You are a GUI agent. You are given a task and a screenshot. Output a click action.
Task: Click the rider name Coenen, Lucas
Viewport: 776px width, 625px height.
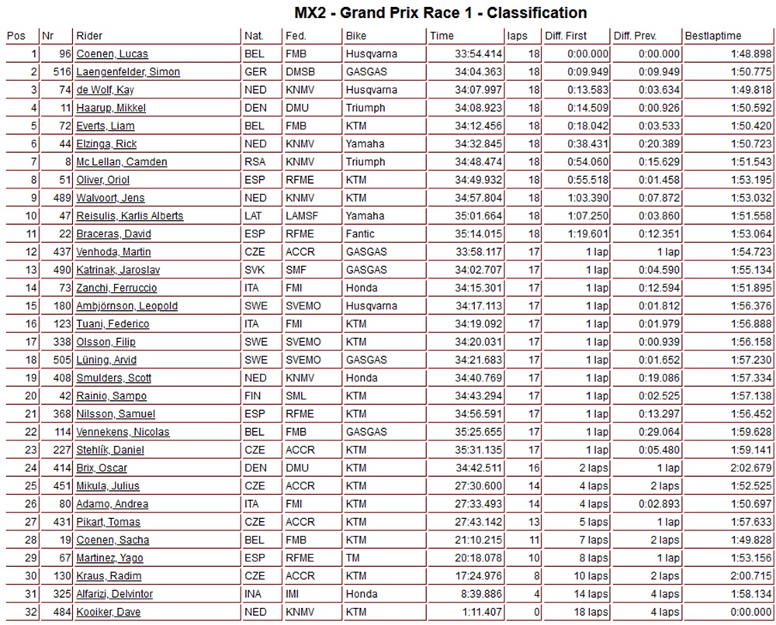pos(112,54)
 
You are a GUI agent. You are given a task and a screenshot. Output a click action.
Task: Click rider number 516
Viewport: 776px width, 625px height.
pos(61,72)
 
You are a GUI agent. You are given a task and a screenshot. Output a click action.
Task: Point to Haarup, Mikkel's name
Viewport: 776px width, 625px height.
pos(111,108)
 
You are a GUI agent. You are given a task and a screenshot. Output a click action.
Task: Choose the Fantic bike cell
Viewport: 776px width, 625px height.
pos(360,233)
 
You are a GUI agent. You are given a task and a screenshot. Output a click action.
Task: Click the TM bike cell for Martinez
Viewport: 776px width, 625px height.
pos(354,558)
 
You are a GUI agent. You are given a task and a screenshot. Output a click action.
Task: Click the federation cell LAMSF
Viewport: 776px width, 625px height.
pos(303,216)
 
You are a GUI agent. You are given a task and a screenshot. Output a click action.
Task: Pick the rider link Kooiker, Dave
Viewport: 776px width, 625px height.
pos(109,613)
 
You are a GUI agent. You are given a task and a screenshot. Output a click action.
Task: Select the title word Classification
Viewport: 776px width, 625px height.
pos(537,13)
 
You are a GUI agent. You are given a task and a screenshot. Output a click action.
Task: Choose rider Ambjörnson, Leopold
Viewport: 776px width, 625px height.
pos(126,306)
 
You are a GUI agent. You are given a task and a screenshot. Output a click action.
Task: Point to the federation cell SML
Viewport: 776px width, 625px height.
pos(296,395)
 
